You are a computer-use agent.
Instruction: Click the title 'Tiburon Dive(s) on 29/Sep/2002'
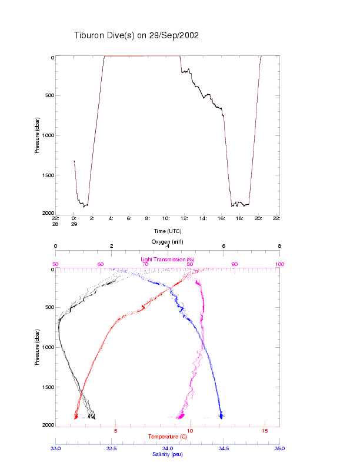coord(136,35)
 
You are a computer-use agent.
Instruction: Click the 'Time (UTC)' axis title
coord(167,231)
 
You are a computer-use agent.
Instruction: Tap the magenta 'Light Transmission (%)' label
coord(168,260)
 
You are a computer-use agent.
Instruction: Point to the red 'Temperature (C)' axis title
coord(168,437)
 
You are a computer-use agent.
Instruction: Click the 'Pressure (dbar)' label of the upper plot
coord(36,135)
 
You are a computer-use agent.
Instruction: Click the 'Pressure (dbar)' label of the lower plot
coord(36,347)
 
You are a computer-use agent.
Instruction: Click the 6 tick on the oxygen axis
coord(224,247)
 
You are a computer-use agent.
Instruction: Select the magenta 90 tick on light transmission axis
coord(235,264)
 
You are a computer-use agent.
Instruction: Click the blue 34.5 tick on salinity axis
coord(224,448)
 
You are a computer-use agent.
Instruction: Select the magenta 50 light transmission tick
coord(55,264)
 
